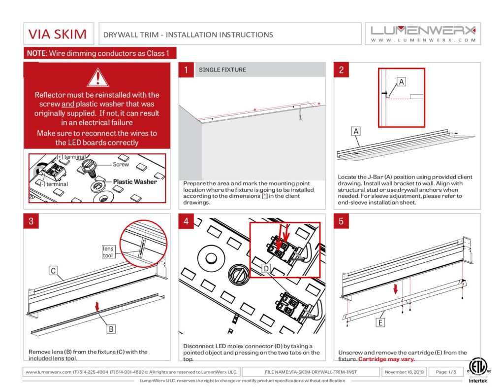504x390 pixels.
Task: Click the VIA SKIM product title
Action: (58, 35)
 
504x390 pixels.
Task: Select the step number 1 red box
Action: (186, 70)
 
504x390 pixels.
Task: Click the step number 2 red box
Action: (341, 70)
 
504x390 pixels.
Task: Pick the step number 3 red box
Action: (31, 221)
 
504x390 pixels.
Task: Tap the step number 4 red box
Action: (186, 221)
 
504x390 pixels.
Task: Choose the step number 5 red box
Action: (341, 221)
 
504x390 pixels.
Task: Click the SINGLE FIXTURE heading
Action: (222, 70)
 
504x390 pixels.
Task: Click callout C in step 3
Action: (53, 270)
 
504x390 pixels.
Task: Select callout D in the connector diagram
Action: (266, 268)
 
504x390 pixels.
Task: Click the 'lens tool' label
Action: (108, 251)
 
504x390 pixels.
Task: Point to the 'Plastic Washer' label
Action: (135, 181)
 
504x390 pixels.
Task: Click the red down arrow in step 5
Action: (395, 288)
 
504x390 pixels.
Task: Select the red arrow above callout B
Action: (97, 307)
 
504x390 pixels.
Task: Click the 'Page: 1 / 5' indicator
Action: (443, 372)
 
